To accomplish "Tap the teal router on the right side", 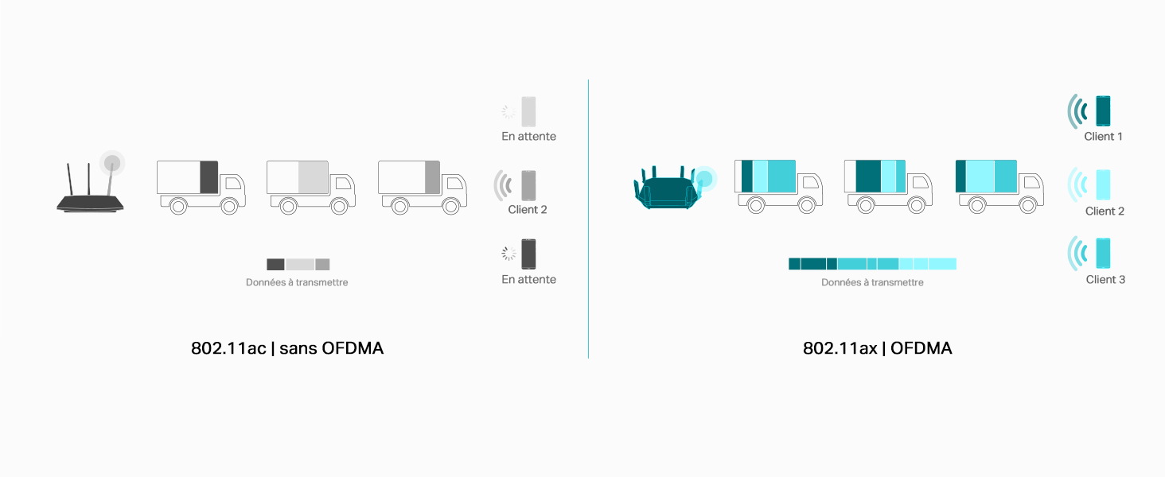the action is coord(667,188).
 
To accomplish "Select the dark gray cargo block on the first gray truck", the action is coord(209,177).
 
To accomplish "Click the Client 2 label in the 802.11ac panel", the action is coord(528,209).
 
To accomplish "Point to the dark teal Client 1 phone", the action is coord(1103,111).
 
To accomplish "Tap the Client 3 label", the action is coord(1105,280).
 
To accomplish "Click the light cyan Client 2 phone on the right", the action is coord(1103,184).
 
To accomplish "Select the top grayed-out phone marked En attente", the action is coord(528,111).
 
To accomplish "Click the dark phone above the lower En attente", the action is coord(528,254).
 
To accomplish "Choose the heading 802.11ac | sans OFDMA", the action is coord(287,348).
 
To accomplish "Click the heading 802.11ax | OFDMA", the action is coord(878,348).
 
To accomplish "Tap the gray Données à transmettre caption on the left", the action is coord(297,282).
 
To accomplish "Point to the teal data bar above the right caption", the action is coord(872,264).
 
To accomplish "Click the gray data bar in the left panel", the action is coord(298,265).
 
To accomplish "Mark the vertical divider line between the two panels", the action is coord(588,219).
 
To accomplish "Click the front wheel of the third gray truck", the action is coord(451,206).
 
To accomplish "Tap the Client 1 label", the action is coord(1103,137).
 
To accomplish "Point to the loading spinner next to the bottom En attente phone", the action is coord(508,254).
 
